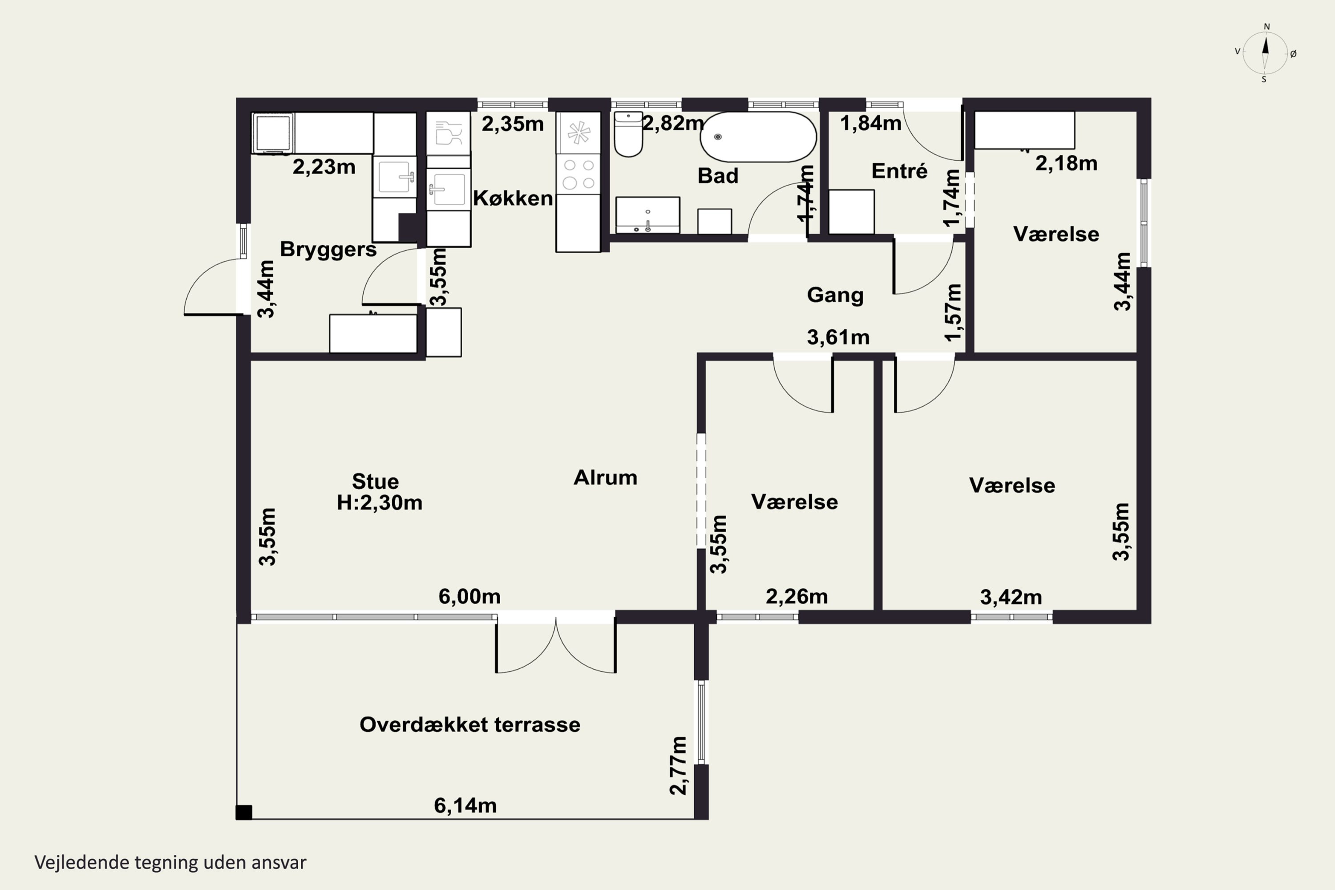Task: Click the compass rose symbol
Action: [x=1265, y=53]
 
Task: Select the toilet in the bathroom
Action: [x=628, y=134]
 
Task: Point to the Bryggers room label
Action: [x=328, y=249]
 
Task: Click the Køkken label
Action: [x=513, y=198]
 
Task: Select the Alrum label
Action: [x=606, y=477]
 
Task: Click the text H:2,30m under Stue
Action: [x=380, y=503]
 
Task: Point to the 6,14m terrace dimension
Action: [x=465, y=805]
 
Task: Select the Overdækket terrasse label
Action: [x=470, y=725]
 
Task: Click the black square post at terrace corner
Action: [x=244, y=812]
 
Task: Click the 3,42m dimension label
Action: [x=1011, y=597]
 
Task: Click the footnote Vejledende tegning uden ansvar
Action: [x=170, y=863]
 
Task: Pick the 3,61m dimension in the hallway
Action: [x=838, y=338]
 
